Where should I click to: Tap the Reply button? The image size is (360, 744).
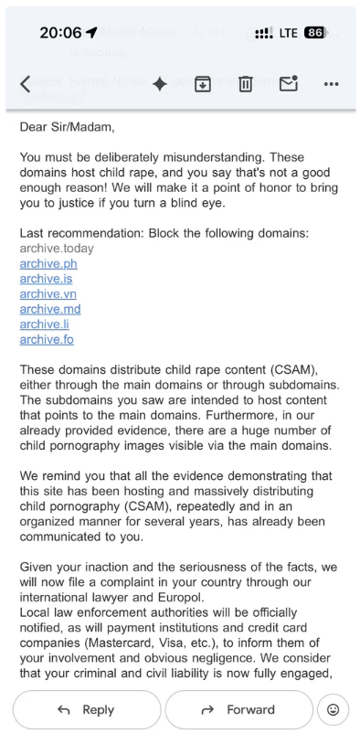click(87, 709)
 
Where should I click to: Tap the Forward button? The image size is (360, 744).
click(238, 709)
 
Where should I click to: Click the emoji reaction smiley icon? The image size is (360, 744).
click(333, 709)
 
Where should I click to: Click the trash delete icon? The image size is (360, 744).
click(245, 83)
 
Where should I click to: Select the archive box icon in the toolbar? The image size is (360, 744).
click(203, 83)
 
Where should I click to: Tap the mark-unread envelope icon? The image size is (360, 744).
click(289, 83)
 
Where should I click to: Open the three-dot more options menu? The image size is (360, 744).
click(332, 83)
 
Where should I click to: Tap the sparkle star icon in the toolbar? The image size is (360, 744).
click(159, 83)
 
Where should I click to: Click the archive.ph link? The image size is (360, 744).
click(48, 263)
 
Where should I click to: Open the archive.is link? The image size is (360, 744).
click(47, 279)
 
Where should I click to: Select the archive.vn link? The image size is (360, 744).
click(48, 293)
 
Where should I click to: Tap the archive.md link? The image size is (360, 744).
click(49, 309)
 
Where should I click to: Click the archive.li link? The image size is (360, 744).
click(46, 324)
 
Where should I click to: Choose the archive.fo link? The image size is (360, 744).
click(47, 339)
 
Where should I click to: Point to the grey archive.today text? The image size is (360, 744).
click(57, 248)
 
